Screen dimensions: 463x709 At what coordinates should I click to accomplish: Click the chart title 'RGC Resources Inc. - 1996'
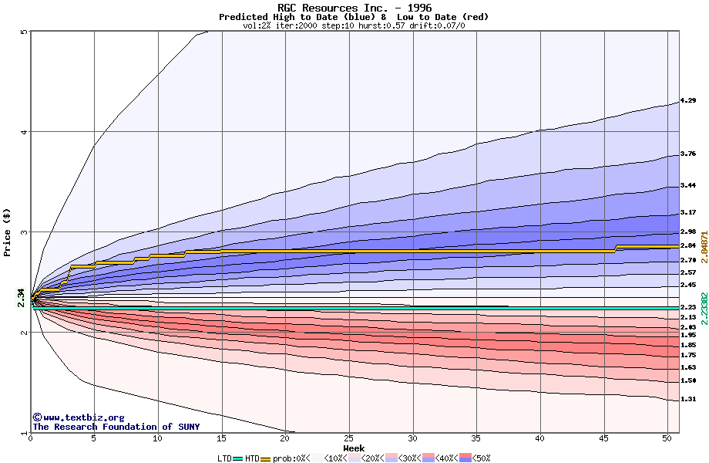354,8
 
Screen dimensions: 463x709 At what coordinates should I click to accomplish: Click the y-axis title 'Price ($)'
7,232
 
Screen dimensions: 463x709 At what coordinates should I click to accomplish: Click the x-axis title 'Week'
354,448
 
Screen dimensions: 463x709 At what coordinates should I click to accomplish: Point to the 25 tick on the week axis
349,438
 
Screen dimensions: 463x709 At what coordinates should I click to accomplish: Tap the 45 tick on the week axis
603,438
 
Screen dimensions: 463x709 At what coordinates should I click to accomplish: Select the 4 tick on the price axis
24,132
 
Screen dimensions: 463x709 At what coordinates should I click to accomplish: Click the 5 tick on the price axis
24,32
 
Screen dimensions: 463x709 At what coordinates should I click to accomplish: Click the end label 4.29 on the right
688,100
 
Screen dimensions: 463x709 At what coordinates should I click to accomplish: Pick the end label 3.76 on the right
688,154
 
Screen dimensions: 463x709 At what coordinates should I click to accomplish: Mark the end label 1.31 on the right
688,399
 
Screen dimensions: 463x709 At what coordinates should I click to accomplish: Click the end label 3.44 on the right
688,186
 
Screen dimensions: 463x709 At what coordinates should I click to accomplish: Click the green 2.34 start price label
22,296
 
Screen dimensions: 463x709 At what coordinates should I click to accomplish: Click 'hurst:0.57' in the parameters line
382,25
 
